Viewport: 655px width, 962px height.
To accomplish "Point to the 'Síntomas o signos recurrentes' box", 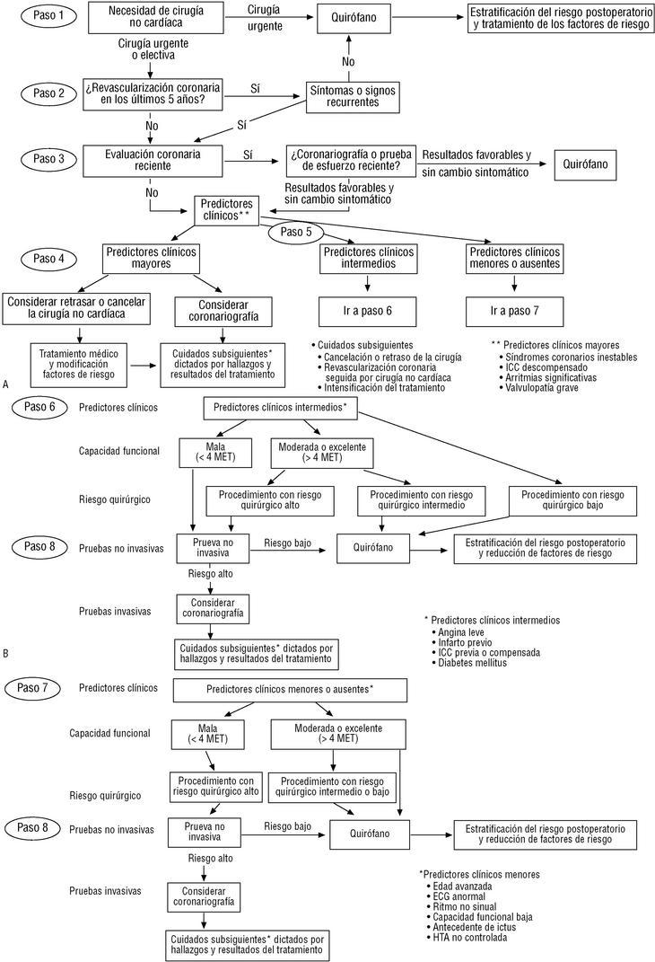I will tap(352, 95).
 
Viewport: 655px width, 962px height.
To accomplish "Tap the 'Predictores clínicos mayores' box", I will tap(150, 259).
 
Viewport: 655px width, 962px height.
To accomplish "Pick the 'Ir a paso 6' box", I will tap(368, 312).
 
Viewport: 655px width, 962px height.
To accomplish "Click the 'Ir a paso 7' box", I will tap(514, 312).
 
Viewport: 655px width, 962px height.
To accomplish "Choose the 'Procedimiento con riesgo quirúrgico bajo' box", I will tap(572, 499).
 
